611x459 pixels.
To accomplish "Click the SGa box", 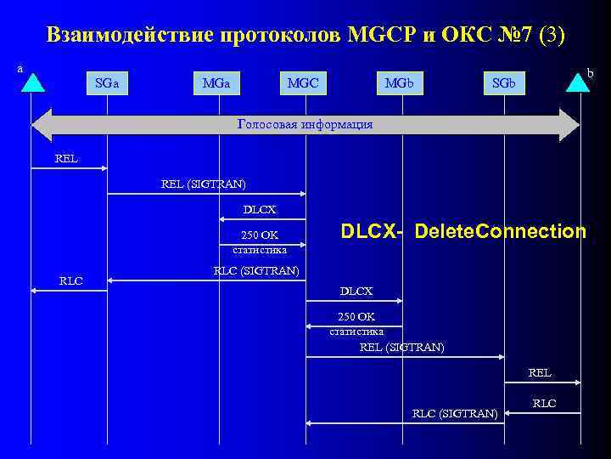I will pyautogui.click(x=107, y=82).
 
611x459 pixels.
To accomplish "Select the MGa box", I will pyautogui.click(x=221, y=82).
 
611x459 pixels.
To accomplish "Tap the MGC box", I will pyautogui.click(x=304, y=82).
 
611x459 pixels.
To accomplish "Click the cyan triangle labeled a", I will pyautogui.click(x=31, y=82).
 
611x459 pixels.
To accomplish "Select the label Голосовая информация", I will pyautogui.click(x=305, y=124).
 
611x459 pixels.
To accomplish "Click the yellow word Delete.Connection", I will pyautogui.click(x=500, y=231).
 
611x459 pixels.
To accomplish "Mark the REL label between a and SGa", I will pyautogui.click(x=66, y=157).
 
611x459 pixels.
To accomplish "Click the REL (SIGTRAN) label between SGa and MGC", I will pyautogui.click(x=204, y=183).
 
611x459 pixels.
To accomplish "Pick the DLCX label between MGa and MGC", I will pyautogui.click(x=260, y=209).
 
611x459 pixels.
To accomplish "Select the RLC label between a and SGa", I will pyautogui.click(x=71, y=280).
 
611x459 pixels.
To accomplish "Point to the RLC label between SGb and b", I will pyautogui.click(x=544, y=403).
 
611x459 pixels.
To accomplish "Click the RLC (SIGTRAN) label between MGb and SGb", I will pyautogui.click(x=455, y=413).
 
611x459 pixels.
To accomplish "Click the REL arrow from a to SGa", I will pyautogui.click(x=68, y=168).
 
